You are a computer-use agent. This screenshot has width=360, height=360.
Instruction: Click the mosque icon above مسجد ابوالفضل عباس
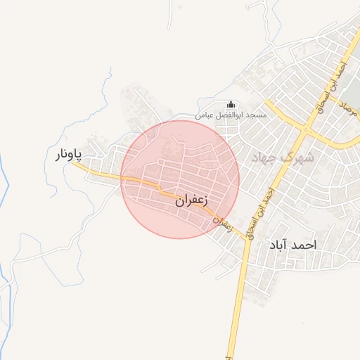pyautogui.click(x=233, y=105)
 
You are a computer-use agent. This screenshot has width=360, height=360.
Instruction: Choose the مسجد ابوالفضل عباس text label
pyautogui.click(x=228, y=115)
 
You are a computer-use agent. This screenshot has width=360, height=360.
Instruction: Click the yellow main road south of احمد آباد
pyautogui.click(x=238, y=309)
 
